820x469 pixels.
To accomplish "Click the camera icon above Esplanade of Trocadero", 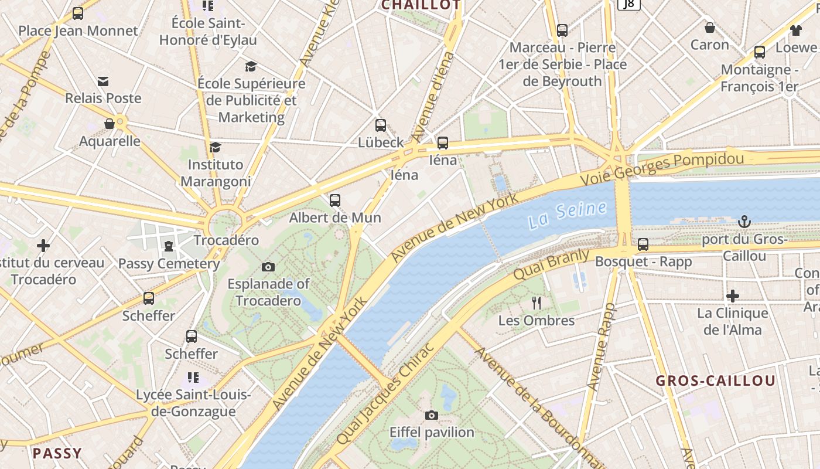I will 268,267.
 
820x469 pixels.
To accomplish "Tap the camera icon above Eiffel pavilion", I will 432,416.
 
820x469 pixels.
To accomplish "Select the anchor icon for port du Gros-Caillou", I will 744,222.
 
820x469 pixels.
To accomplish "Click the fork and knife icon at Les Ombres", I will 536,303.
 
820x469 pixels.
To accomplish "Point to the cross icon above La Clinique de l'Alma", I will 732,296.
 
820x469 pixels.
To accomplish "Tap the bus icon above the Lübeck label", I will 381,125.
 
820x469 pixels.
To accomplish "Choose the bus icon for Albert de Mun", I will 335,200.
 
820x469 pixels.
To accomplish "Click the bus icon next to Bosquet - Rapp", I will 643,244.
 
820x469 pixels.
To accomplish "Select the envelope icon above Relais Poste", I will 103,81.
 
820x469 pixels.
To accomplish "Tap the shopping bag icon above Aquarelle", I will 110,124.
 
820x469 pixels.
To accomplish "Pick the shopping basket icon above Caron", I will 709,28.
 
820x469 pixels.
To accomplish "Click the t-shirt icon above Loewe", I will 795,30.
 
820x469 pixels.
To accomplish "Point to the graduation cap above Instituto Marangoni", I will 216,147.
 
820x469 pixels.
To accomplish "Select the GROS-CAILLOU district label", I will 715,380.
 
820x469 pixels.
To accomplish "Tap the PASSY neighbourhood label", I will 57,453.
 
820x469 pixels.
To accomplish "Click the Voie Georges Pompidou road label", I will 662,167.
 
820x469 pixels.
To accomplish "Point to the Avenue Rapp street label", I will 602,346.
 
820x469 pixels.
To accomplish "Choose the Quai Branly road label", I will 551,264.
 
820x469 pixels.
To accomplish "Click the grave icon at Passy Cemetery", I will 169,246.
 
